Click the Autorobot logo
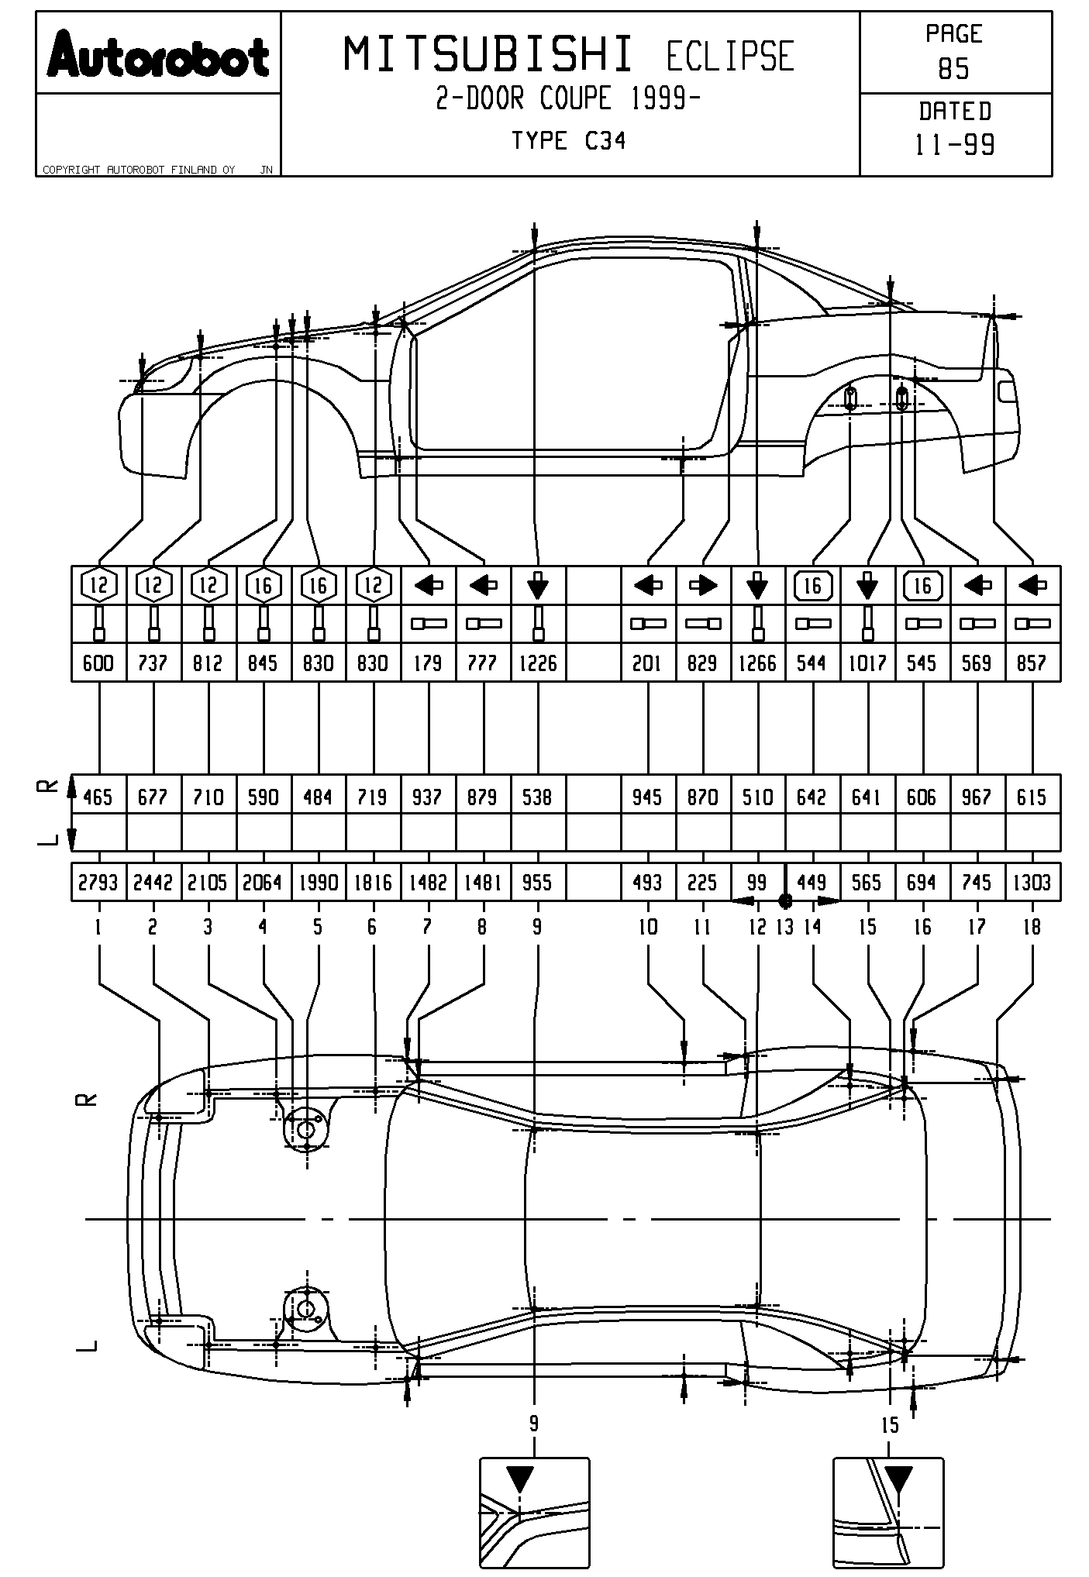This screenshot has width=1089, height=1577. click(x=158, y=55)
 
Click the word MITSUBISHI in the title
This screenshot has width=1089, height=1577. click(x=488, y=56)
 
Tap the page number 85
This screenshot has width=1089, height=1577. click(x=954, y=70)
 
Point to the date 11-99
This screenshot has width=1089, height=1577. click(x=955, y=145)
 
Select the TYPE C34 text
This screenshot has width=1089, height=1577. click(x=568, y=141)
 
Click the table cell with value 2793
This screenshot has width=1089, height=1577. click(x=98, y=883)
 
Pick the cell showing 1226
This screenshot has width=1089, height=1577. click(x=538, y=663)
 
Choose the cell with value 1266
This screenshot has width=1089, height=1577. click(x=757, y=663)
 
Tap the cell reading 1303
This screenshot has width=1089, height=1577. click(x=1032, y=883)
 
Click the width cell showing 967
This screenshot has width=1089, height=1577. click(x=977, y=797)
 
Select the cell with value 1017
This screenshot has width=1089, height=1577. click(x=867, y=663)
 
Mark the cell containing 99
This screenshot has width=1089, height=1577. click(x=757, y=883)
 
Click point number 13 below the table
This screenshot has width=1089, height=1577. click(x=785, y=927)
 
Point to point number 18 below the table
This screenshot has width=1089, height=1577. click(x=1032, y=927)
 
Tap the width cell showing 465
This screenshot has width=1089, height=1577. click(x=98, y=797)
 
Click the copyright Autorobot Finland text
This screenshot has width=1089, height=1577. click(x=139, y=170)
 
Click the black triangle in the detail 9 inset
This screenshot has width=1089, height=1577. click(x=519, y=1479)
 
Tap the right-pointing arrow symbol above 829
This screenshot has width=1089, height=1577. click(x=703, y=586)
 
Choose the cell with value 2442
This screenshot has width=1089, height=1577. click(x=153, y=883)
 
